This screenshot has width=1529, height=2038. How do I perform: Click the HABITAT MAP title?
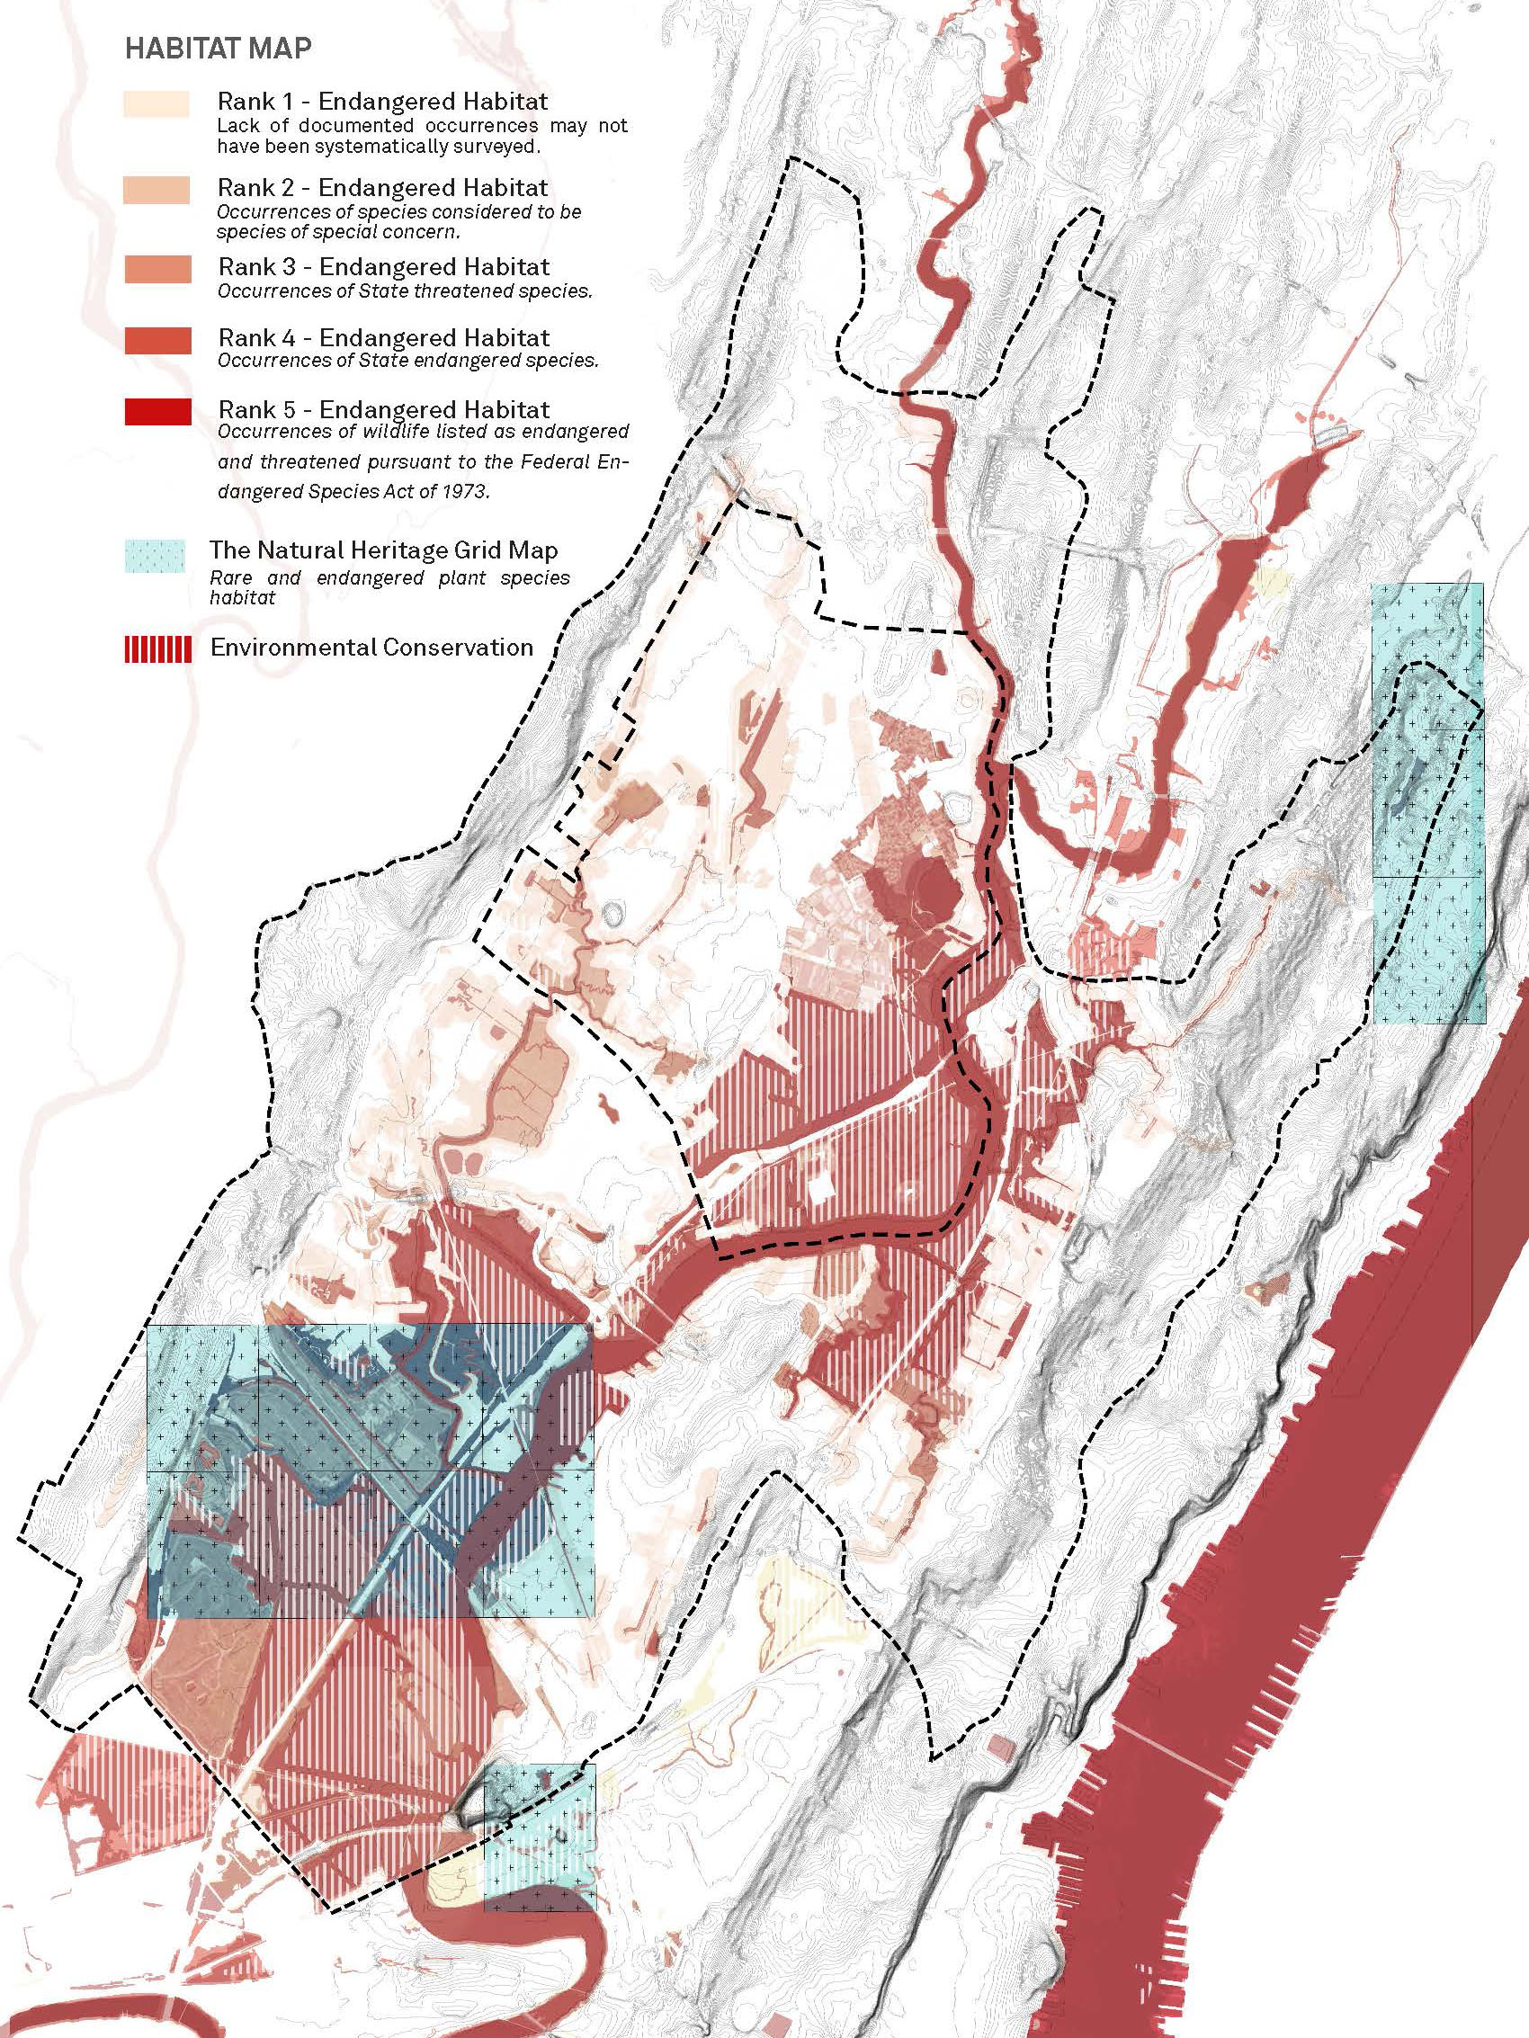point(218,49)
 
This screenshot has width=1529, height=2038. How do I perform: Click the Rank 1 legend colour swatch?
point(156,104)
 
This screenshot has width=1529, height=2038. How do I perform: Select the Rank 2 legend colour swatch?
point(156,190)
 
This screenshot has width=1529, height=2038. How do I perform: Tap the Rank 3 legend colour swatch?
point(156,269)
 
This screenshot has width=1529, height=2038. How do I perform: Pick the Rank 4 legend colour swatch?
point(156,340)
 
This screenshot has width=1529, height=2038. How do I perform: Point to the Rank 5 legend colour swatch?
point(156,411)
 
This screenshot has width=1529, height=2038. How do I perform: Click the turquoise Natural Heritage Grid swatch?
point(155,557)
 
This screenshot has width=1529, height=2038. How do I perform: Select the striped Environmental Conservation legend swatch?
point(157,648)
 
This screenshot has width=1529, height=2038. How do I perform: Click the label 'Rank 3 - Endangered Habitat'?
point(383,267)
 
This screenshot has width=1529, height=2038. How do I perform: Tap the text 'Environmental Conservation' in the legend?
point(371,647)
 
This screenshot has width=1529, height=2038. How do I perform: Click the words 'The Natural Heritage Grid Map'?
point(383,551)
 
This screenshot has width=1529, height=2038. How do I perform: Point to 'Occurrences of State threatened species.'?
point(404,292)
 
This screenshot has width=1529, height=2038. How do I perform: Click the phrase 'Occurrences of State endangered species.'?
point(407,361)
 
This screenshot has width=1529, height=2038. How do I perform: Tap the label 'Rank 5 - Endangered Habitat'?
point(383,409)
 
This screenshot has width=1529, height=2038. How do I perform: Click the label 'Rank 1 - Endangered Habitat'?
point(382,102)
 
